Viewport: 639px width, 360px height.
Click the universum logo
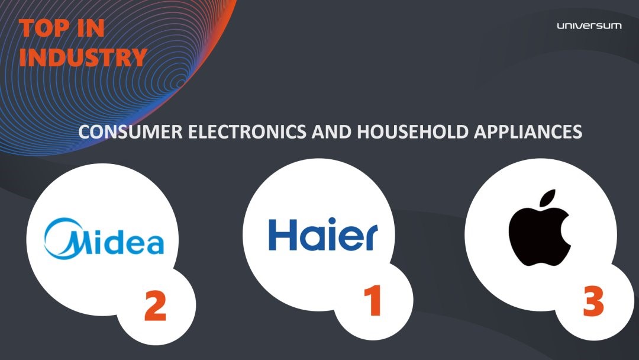pos(589,25)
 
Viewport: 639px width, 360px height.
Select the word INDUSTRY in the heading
pos(83,57)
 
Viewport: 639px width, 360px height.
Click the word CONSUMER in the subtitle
pos(130,131)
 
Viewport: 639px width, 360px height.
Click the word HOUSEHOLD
pos(412,131)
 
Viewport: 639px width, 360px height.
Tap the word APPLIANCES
pos(528,131)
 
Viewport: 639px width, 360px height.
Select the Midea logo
pos(104,239)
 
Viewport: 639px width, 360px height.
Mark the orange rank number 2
pos(155,306)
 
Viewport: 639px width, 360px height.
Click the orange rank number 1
pos(373,300)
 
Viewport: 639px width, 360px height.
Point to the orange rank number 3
pos(593,301)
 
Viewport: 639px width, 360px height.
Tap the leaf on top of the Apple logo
pos(548,197)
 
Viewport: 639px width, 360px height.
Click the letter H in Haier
pos(282,234)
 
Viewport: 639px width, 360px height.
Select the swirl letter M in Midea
pos(64,239)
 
